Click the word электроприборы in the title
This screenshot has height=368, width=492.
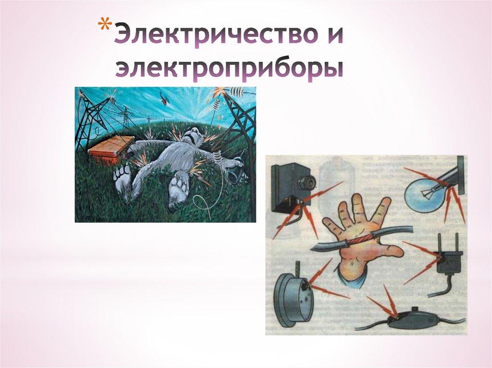pos(229,69)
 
